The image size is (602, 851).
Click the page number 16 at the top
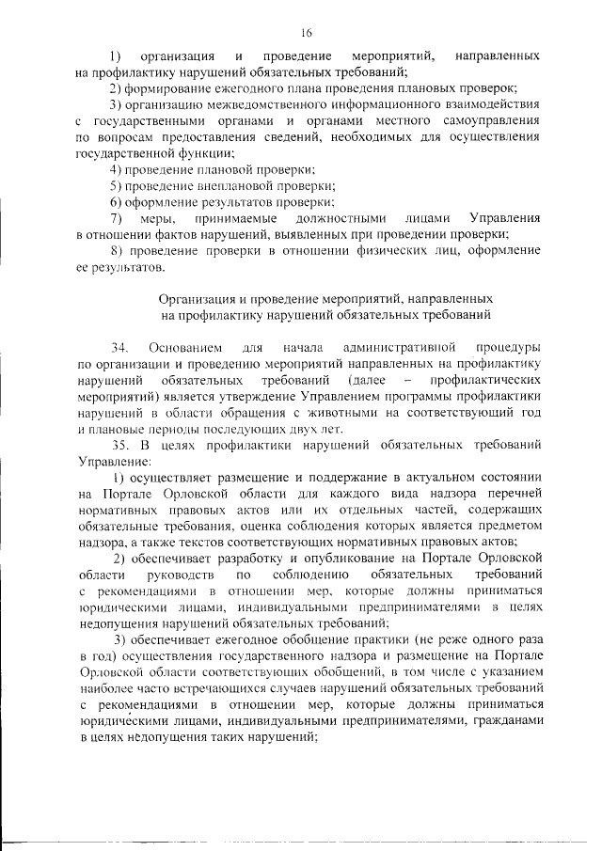coord(307,31)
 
